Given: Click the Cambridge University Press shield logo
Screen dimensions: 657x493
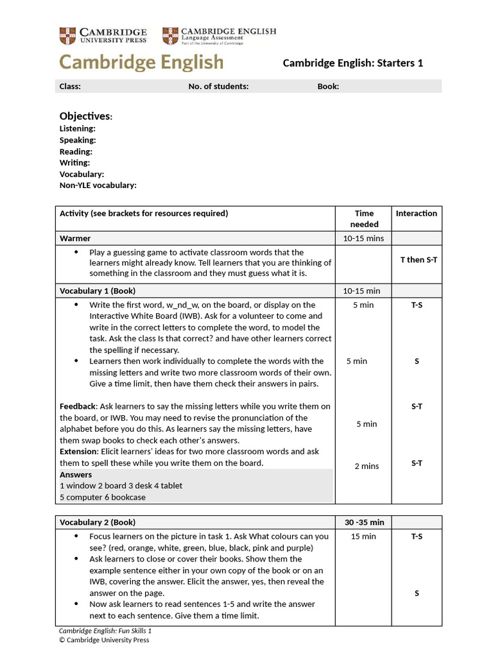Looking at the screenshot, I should [67, 35].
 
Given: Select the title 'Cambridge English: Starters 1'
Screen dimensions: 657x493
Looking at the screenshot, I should [353, 63].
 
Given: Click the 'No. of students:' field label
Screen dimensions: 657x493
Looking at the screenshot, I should [218, 86].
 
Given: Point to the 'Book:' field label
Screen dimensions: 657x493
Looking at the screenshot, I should [328, 86].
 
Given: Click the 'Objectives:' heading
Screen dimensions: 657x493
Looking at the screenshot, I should [86, 116].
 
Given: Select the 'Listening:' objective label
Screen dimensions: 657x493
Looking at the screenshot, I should [77, 128].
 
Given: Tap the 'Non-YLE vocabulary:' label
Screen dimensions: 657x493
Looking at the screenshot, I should [98, 185].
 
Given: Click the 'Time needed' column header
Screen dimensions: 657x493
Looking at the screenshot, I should [364, 219].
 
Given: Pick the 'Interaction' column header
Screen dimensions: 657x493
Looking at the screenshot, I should [416, 214].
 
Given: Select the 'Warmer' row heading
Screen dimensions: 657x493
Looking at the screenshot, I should [75, 238].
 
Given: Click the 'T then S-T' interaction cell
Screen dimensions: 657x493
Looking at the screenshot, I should [418, 260].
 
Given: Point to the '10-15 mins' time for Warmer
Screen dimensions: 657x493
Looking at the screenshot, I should [363, 238].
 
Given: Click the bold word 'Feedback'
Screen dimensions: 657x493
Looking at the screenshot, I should [78, 406].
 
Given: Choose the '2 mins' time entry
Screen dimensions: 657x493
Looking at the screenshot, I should [367, 466].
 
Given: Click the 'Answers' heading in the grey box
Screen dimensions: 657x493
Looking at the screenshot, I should [76, 475].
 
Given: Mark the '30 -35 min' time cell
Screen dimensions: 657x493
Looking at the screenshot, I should [364, 522].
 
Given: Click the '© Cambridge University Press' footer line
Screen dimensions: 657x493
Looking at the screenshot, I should [104, 640].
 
